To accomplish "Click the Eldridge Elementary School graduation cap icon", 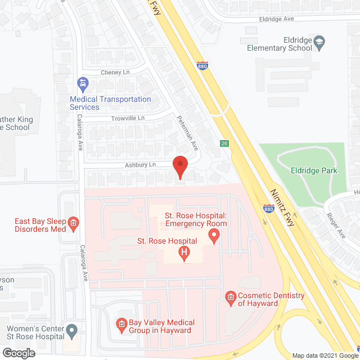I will click(319, 42).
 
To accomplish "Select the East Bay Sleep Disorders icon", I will click(73, 225).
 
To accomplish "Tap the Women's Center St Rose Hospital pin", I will click(71, 329).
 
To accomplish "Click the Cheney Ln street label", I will click(115, 73).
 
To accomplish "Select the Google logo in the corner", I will click(19, 353).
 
